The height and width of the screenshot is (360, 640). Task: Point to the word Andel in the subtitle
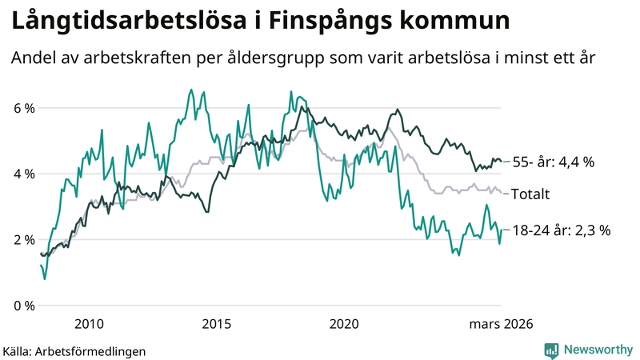[33, 58]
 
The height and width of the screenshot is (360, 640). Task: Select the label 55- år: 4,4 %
[553, 162]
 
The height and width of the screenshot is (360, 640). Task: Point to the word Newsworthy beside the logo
[596, 350]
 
